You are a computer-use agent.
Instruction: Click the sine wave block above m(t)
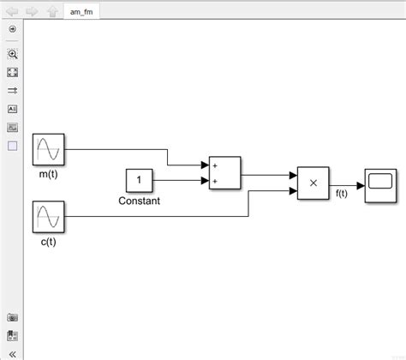[x=49, y=151]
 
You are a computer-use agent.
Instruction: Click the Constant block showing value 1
[x=139, y=180]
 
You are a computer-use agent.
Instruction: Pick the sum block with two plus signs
[x=224, y=172]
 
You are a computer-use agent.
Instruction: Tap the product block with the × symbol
[x=313, y=182]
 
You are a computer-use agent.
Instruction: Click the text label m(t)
[x=48, y=175]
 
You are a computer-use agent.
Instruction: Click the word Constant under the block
[x=139, y=201]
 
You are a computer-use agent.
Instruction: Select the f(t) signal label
[x=342, y=194]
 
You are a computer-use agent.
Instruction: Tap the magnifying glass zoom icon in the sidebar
[x=12, y=54]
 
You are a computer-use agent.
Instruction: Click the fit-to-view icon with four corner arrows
[x=12, y=72]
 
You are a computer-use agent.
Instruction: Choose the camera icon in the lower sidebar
[x=12, y=317]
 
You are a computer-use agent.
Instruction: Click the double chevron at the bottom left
[x=12, y=351]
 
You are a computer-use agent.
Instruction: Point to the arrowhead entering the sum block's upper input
[x=204, y=165]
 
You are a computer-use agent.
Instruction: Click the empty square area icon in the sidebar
[x=12, y=146]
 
